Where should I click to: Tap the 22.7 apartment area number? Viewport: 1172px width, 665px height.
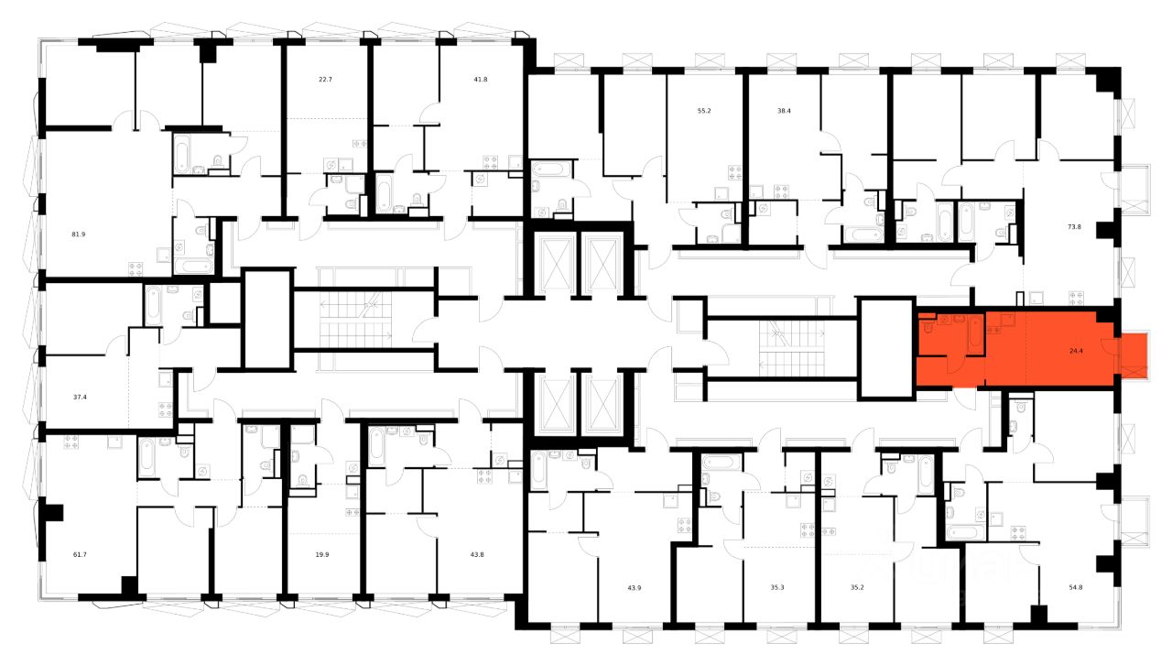coord(325,80)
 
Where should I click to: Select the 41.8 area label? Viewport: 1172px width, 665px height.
coord(481,80)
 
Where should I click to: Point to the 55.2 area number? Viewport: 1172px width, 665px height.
coord(704,111)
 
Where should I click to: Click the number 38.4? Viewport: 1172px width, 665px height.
coord(783,111)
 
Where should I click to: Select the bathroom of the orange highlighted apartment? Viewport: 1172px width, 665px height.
coord(950,335)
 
